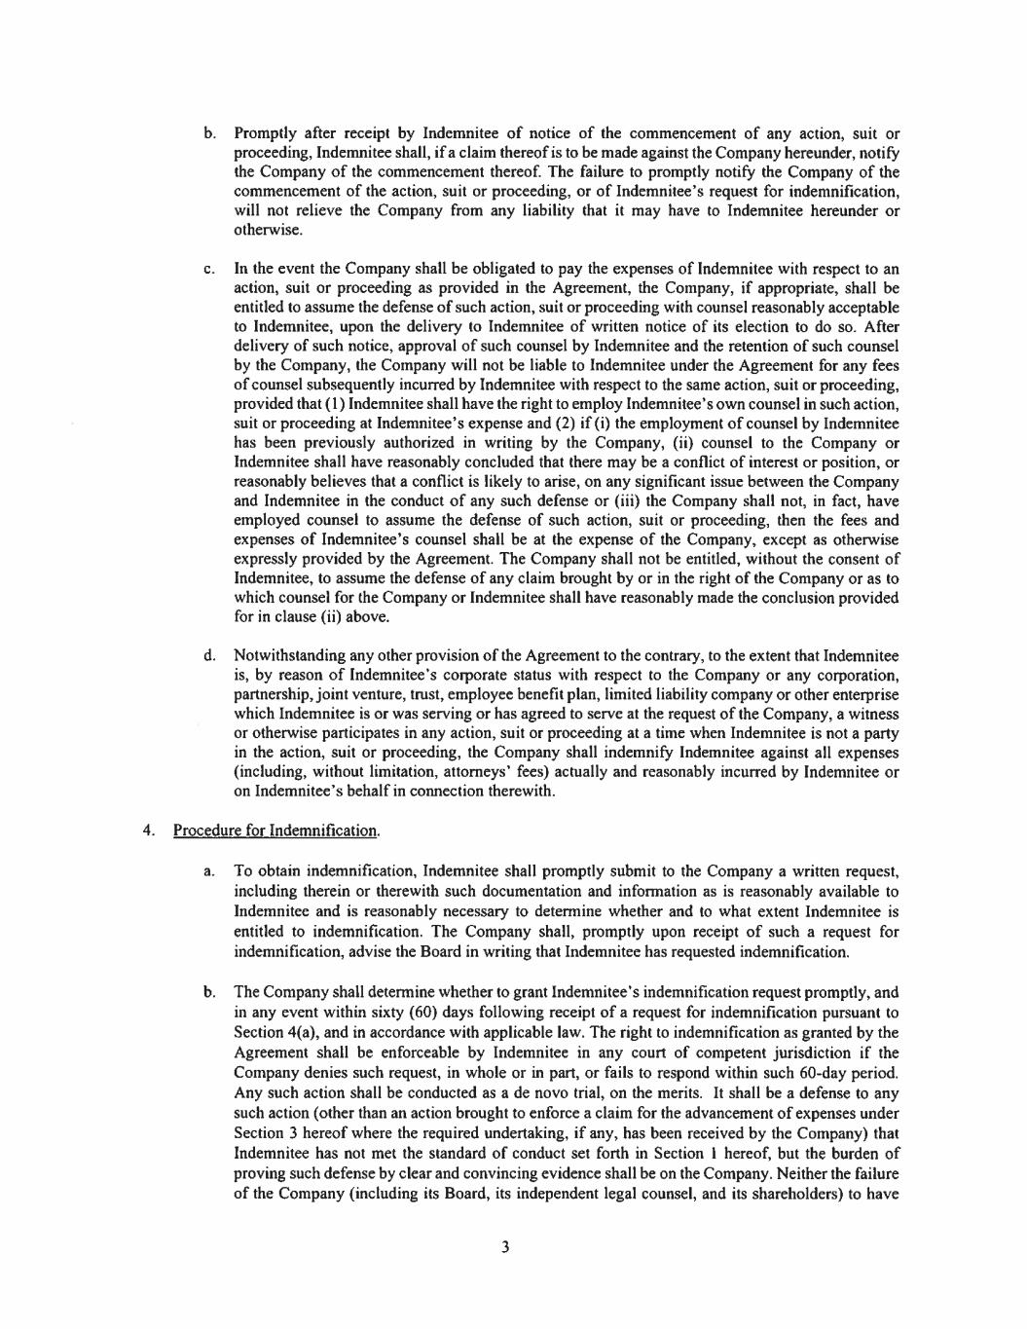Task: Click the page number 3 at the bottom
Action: coord(505,1247)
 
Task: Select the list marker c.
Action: coord(209,269)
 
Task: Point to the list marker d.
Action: coord(209,656)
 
